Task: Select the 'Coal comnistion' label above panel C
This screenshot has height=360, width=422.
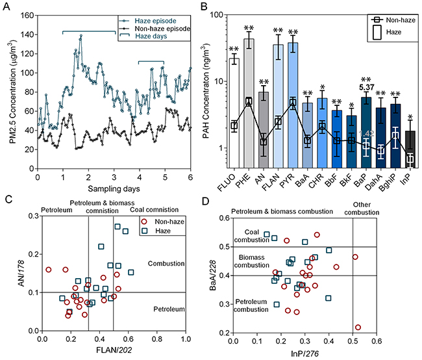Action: (x=151, y=210)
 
